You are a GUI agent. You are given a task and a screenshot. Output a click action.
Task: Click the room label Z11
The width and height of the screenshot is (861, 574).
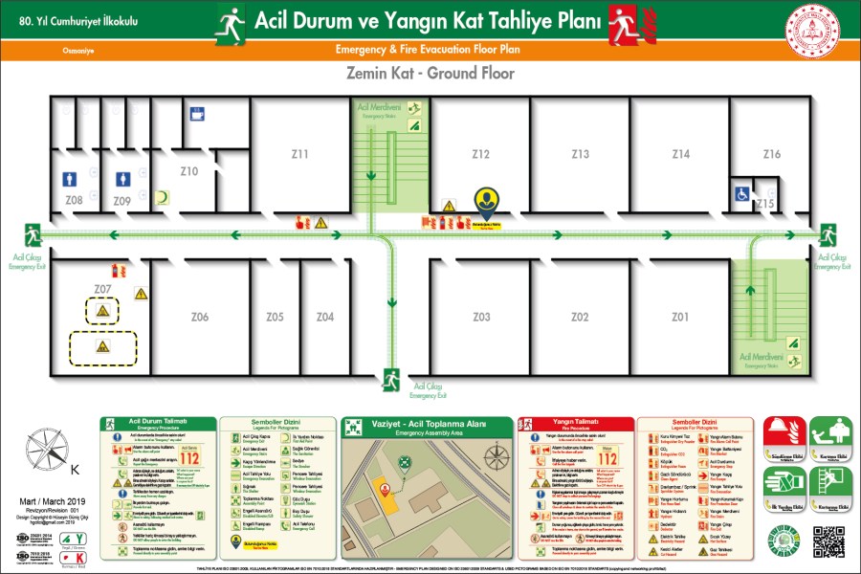(300, 154)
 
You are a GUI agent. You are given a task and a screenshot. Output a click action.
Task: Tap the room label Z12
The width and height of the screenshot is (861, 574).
(481, 154)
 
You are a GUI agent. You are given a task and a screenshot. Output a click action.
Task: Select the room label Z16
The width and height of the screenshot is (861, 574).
(771, 154)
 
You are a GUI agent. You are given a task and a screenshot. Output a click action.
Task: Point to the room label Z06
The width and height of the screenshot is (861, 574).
(200, 317)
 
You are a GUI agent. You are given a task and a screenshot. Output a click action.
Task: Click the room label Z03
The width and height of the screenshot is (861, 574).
(481, 317)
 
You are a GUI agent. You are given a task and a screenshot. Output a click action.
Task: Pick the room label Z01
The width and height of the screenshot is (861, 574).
(679, 317)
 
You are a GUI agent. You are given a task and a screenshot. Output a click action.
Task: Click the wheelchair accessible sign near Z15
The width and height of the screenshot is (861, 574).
(741, 193)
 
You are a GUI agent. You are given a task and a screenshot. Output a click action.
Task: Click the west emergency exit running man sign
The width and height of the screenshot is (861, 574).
(33, 233)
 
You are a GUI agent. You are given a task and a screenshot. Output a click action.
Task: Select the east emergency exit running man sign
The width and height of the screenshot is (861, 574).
(828, 233)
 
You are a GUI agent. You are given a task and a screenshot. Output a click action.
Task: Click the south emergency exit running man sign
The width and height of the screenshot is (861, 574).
(390, 379)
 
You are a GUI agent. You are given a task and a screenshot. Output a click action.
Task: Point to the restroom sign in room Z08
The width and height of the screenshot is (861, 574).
(71, 179)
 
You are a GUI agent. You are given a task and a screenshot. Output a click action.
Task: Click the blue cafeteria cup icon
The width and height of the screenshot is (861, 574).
(197, 115)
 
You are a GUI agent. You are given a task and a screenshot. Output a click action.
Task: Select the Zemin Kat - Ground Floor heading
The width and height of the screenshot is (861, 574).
(430, 74)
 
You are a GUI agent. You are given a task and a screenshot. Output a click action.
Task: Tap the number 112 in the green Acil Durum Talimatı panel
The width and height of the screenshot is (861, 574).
(189, 457)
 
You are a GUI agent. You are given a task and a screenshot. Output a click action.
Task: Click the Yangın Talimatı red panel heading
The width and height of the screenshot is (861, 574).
(575, 421)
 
